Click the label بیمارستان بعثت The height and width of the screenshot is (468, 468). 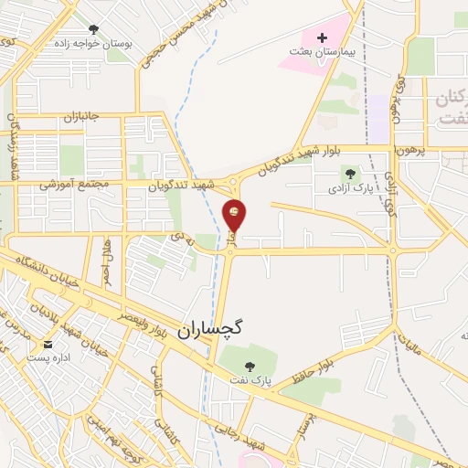[x=321, y=52]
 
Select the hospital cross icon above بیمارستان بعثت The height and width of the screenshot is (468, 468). [x=321, y=37]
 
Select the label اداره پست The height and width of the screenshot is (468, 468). [x=48, y=359]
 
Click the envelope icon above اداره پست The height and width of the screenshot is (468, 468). [x=48, y=345]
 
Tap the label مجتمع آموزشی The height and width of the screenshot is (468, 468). [x=74, y=184]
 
